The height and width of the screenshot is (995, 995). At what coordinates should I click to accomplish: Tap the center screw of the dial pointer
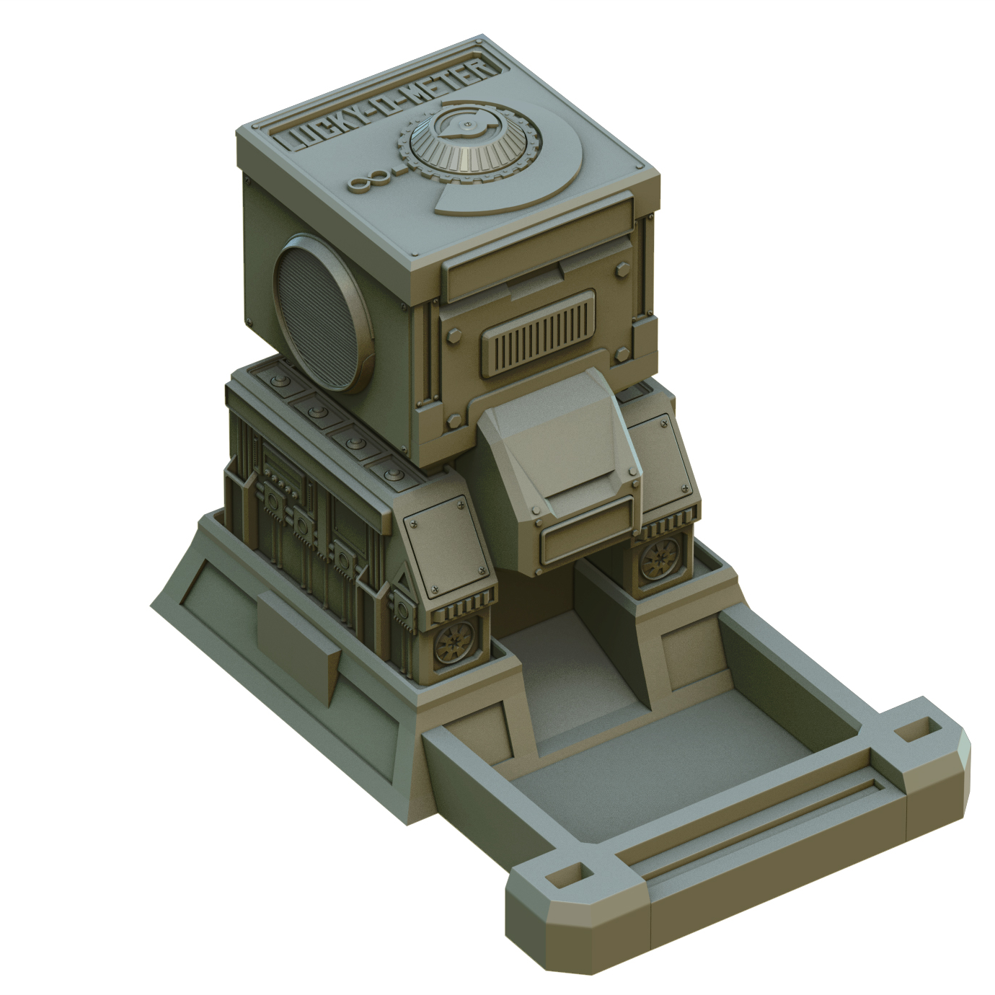[x=469, y=127]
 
